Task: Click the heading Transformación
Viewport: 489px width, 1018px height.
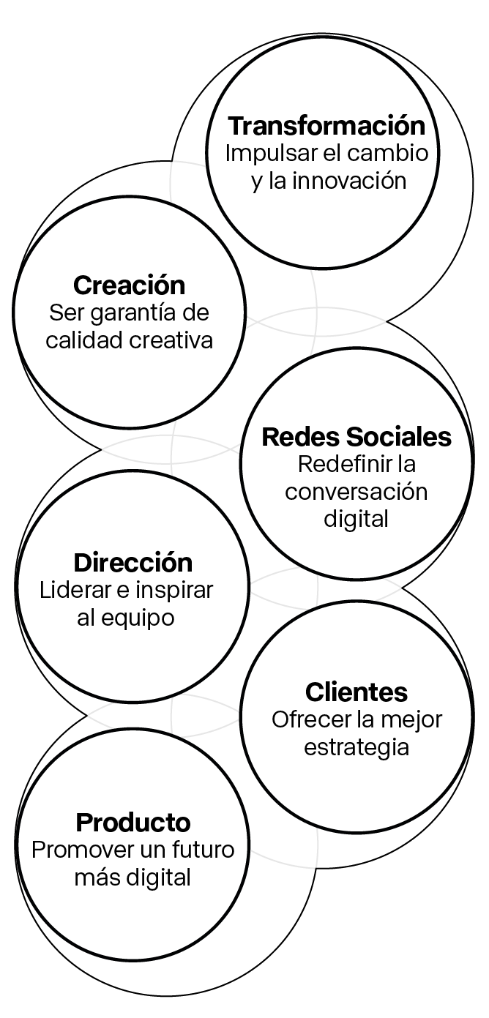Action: (326, 126)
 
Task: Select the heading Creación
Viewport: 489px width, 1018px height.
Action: (129, 285)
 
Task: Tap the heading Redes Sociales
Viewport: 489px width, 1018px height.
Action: (357, 437)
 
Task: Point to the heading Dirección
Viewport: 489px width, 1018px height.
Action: (132, 563)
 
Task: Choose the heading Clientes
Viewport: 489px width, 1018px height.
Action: (357, 692)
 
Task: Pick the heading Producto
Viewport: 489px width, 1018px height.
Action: (133, 823)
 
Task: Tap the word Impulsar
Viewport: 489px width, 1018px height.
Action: (261, 154)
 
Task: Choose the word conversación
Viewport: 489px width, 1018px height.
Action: (357, 492)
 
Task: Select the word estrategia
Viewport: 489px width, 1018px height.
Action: (357, 747)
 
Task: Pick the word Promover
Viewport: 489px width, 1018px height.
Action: (78, 850)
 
